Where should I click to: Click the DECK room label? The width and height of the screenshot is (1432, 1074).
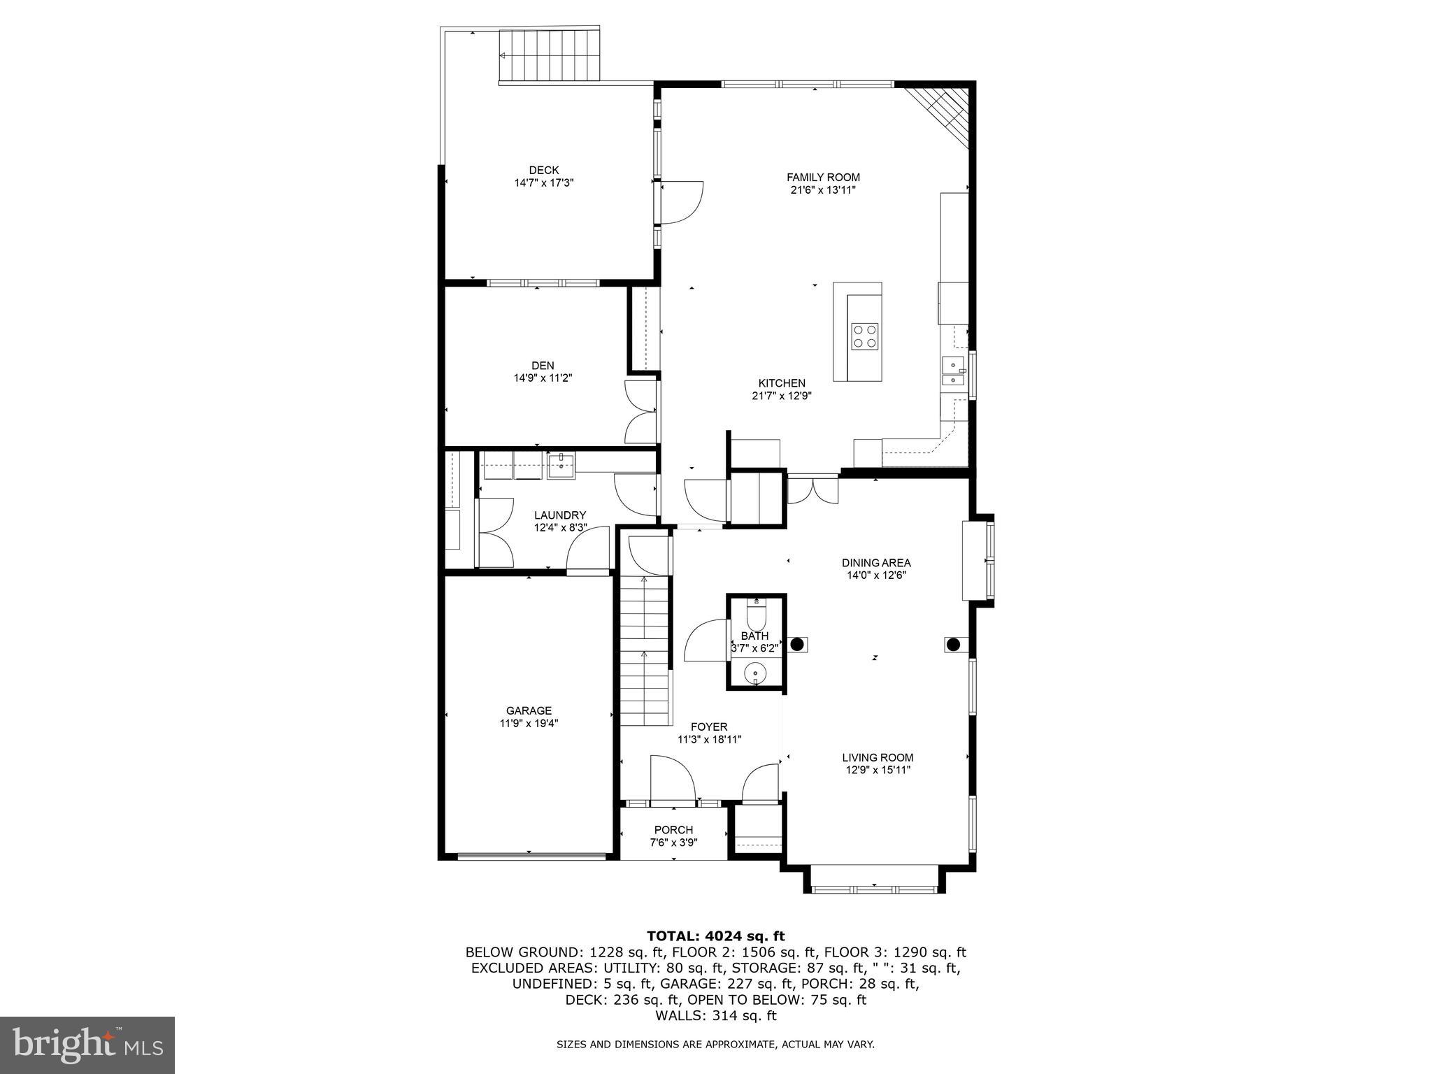click(x=543, y=170)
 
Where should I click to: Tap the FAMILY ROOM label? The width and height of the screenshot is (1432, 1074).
click(x=823, y=178)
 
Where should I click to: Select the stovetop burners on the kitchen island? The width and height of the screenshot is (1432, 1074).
click(x=864, y=336)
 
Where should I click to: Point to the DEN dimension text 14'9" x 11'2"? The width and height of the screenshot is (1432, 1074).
click(x=543, y=378)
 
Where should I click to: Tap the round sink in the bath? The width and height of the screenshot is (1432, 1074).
click(x=755, y=675)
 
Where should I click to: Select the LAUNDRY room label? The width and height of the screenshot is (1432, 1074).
click(x=560, y=515)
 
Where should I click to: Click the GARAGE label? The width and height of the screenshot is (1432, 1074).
click(x=529, y=711)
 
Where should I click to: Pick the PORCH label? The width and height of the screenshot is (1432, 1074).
click(x=673, y=830)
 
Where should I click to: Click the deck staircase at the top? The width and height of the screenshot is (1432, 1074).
click(x=549, y=55)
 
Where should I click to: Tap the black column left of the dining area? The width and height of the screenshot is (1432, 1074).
click(x=796, y=644)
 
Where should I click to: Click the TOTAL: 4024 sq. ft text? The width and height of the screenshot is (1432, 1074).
click(x=715, y=936)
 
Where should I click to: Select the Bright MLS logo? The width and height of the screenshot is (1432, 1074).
click(x=87, y=1045)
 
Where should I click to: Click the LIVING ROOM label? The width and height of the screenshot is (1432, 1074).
click(x=878, y=757)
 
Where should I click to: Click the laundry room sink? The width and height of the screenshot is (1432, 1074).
click(x=561, y=465)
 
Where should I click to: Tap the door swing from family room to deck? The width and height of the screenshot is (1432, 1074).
click(x=681, y=203)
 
